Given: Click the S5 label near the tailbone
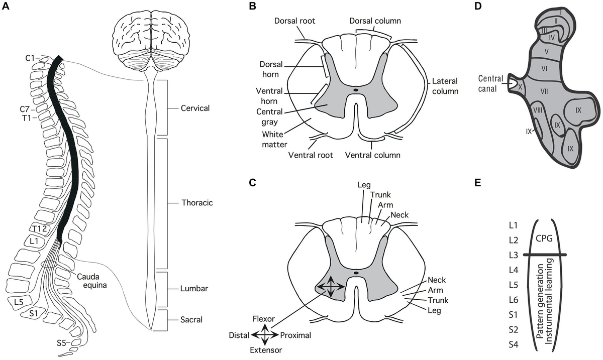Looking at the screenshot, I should click(x=61, y=344).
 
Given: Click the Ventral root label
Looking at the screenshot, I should click(x=312, y=155).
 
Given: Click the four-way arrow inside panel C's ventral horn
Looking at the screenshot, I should click(x=330, y=287).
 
